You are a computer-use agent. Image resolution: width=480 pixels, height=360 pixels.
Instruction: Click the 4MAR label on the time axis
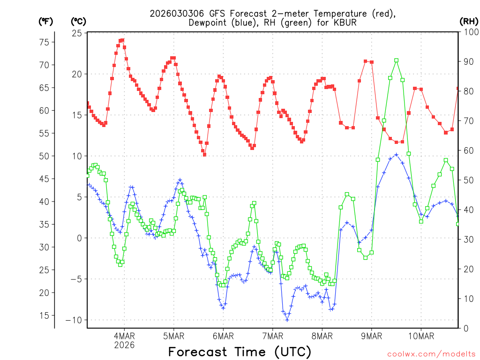coord(124,336)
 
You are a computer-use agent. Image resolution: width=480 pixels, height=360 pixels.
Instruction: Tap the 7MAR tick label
coord(272,336)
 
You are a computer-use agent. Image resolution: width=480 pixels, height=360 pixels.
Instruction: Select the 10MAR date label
coord(420,336)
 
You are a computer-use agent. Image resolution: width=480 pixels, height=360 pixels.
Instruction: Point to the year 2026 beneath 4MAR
coord(124,345)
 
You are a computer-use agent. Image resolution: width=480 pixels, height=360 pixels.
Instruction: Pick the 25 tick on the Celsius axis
coord(76,33)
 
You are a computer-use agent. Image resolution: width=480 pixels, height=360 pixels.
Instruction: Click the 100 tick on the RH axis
coord(469,33)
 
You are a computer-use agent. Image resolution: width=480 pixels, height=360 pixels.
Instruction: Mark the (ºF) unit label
coord(46,21)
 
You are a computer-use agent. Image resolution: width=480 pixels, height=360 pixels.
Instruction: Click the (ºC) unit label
coord(79,21)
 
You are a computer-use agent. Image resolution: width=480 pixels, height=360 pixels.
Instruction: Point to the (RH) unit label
coord(469,21)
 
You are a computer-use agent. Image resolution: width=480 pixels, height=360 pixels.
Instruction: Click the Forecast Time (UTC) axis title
coord(240,352)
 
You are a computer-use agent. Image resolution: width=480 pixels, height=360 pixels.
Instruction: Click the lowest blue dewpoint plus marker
coord(287,320)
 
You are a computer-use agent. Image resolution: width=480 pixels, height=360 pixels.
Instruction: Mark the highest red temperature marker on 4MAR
coord(122,40)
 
